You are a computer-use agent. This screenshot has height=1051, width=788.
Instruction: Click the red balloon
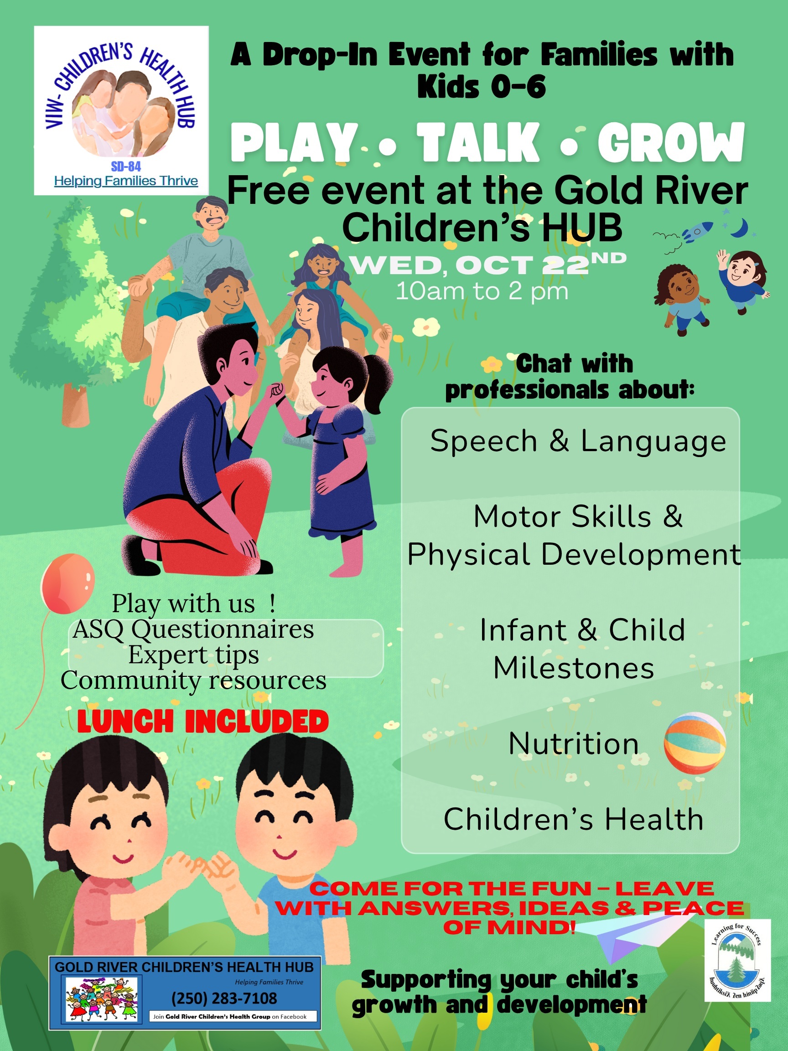(x=68, y=584)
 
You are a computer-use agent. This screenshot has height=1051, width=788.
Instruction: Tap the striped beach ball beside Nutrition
(x=695, y=743)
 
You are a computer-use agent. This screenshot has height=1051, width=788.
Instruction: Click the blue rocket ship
(x=697, y=231)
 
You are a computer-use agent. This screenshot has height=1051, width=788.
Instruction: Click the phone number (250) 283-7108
(x=224, y=998)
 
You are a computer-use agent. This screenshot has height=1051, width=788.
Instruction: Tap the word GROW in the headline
(x=671, y=142)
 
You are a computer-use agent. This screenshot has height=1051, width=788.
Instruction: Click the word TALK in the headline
(x=478, y=142)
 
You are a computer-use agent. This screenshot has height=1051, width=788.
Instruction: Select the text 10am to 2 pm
(x=482, y=291)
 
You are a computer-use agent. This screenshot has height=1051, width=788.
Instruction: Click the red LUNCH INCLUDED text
(x=203, y=722)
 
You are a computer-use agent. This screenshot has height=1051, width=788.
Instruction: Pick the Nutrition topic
(x=574, y=743)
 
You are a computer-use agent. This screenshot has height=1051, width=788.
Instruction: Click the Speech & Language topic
(x=578, y=442)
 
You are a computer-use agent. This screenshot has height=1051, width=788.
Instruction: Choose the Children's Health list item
(x=573, y=819)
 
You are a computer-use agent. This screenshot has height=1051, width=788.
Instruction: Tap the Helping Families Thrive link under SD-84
(x=126, y=181)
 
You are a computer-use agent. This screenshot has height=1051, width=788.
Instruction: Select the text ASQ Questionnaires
(x=193, y=630)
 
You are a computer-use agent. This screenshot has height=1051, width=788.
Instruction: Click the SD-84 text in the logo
(x=126, y=166)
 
